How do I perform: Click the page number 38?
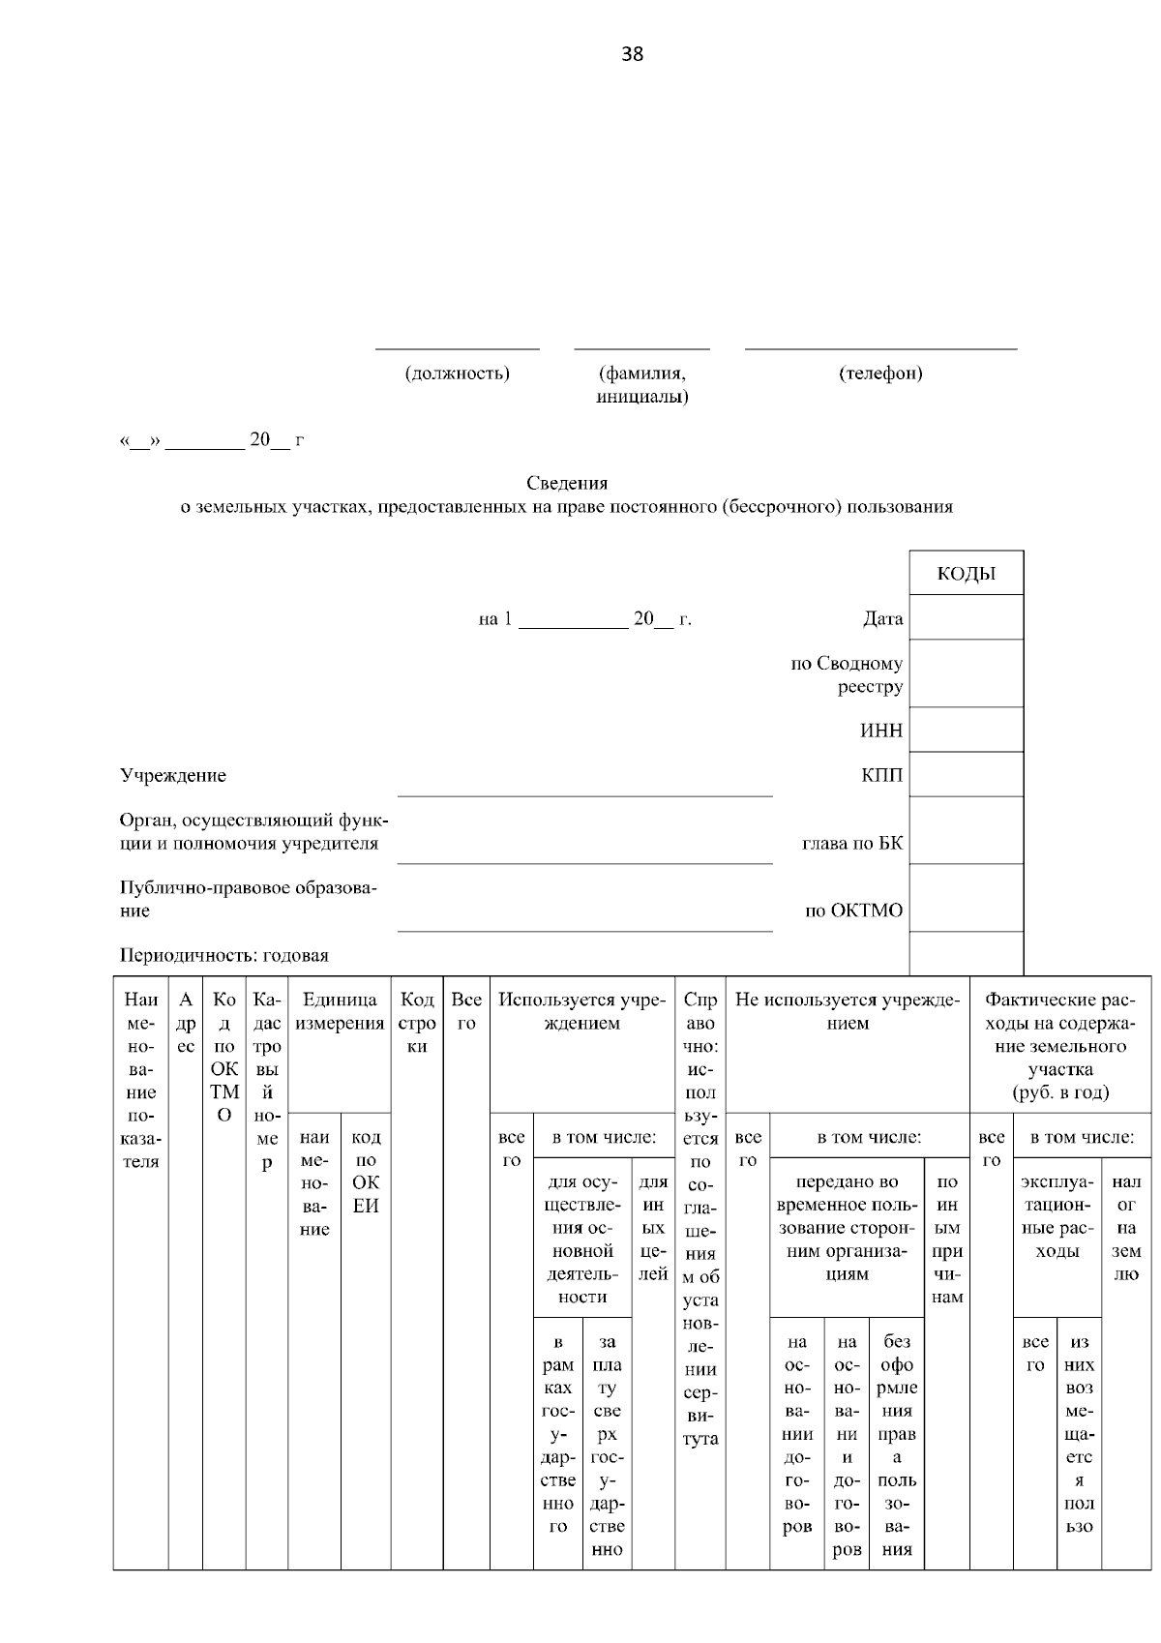[x=632, y=54]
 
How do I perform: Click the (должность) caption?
[x=457, y=373]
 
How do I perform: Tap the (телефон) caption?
[x=880, y=373]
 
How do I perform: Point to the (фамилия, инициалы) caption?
[x=642, y=385]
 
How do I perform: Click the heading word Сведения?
[x=567, y=483]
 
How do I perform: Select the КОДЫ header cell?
[x=966, y=574]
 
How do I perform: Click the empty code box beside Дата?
[x=966, y=617]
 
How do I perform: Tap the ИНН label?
[x=881, y=731]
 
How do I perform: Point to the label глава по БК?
[x=852, y=843]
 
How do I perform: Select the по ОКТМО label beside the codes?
[x=854, y=911]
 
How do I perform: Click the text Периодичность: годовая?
[x=224, y=956]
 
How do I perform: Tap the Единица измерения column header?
[x=340, y=1012]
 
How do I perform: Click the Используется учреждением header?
[x=582, y=1012]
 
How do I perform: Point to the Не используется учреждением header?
[x=848, y=1012]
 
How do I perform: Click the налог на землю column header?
[x=1125, y=1228]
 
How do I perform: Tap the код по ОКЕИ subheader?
[x=366, y=1172]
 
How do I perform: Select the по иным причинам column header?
[x=947, y=1240]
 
